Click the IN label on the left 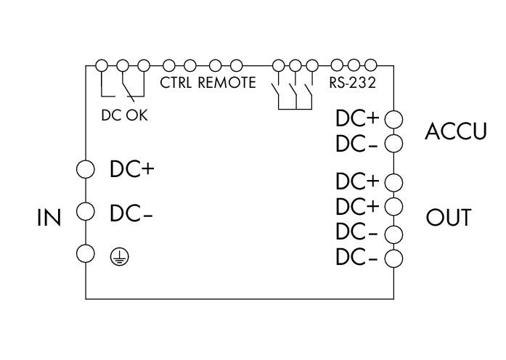[x=49, y=218]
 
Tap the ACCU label [x=455, y=131]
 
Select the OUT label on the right [x=449, y=218]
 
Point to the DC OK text [x=125, y=115]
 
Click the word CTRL [x=176, y=83]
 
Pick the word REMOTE [x=227, y=83]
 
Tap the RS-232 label [x=352, y=83]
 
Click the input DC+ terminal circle [x=86, y=169]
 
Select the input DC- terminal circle [x=86, y=212]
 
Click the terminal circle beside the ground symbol [x=86, y=253]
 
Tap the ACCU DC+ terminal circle [x=393, y=119]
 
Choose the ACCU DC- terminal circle [x=393, y=144]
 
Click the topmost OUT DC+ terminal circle [x=393, y=182]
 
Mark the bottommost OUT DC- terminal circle [x=393, y=258]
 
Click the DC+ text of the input [x=132, y=169]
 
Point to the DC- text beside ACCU [x=356, y=144]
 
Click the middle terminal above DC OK [x=123, y=65]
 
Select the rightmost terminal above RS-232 [x=371, y=65]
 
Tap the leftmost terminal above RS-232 [x=337, y=65]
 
